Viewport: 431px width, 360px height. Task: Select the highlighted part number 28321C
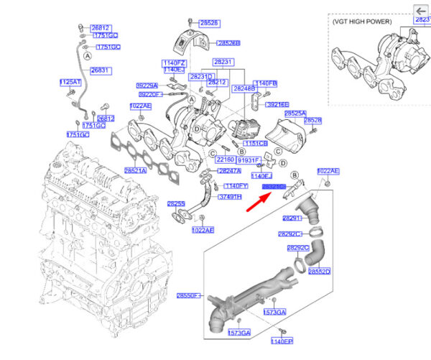pos(274,187)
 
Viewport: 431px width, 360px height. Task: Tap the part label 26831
pos(100,70)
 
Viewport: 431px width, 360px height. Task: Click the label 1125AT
pos(70,82)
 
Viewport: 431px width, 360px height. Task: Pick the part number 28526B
pos(208,43)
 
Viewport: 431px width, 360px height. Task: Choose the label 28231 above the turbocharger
pos(223,63)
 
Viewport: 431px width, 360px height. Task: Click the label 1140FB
pos(267,83)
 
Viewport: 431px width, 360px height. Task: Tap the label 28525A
pos(295,114)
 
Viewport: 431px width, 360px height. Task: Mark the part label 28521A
pos(135,170)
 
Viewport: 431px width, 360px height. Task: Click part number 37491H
pos(229,197)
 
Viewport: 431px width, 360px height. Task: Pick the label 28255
pos(177,203)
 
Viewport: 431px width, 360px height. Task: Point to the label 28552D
pos(319,272)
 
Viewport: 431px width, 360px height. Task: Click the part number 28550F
pos(188,296)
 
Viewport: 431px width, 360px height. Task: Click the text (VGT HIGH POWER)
pos(364,22)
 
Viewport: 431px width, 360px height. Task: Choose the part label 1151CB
pos(256,144)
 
